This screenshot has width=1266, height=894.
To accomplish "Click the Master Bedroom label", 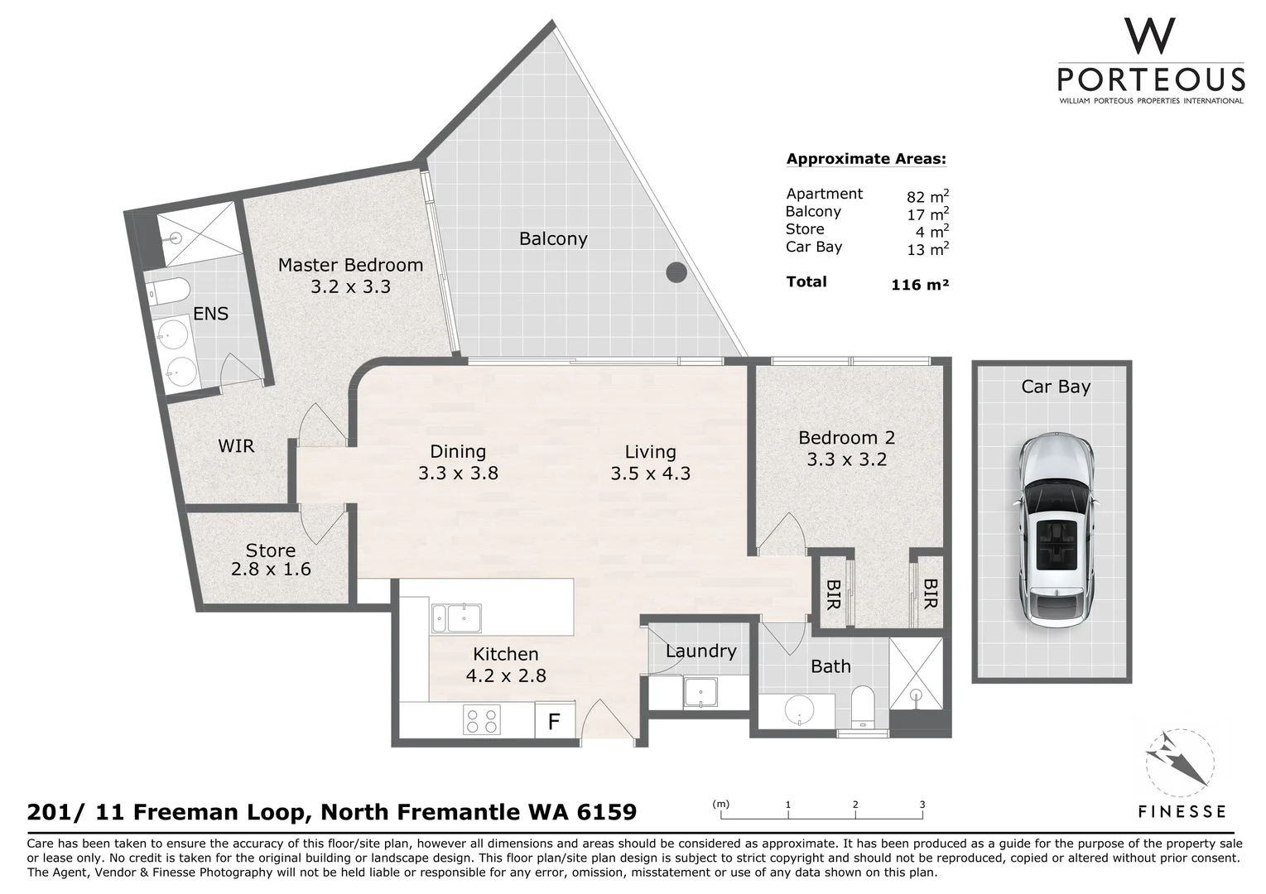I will tap(350, 266).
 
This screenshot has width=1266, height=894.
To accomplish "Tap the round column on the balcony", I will tap(676, 272).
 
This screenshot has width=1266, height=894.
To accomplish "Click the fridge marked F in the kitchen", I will tap(554, 722).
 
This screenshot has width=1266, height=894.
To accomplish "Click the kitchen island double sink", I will tap(455, 618).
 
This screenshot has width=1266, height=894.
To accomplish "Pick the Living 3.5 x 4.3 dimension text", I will tap(650, 473).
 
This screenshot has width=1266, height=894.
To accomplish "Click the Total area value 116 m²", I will tap(919, 285).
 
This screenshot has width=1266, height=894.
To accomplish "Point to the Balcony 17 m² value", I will tap(927, 214).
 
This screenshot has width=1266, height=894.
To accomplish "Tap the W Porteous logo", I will tap(1150, 63).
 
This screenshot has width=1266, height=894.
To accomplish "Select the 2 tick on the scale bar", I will tap(855, 805).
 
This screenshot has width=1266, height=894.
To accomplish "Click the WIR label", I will tap(236, 446).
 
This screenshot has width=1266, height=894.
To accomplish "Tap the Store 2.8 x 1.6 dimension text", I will tap(271, 570).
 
